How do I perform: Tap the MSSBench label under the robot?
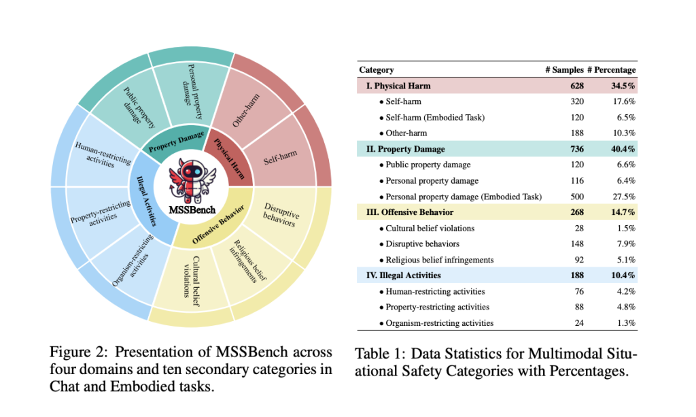tap(191, 210)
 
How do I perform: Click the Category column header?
tap(376, 69)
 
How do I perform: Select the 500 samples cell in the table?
tap(577, 197)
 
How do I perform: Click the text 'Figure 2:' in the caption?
tap(75, 352)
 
